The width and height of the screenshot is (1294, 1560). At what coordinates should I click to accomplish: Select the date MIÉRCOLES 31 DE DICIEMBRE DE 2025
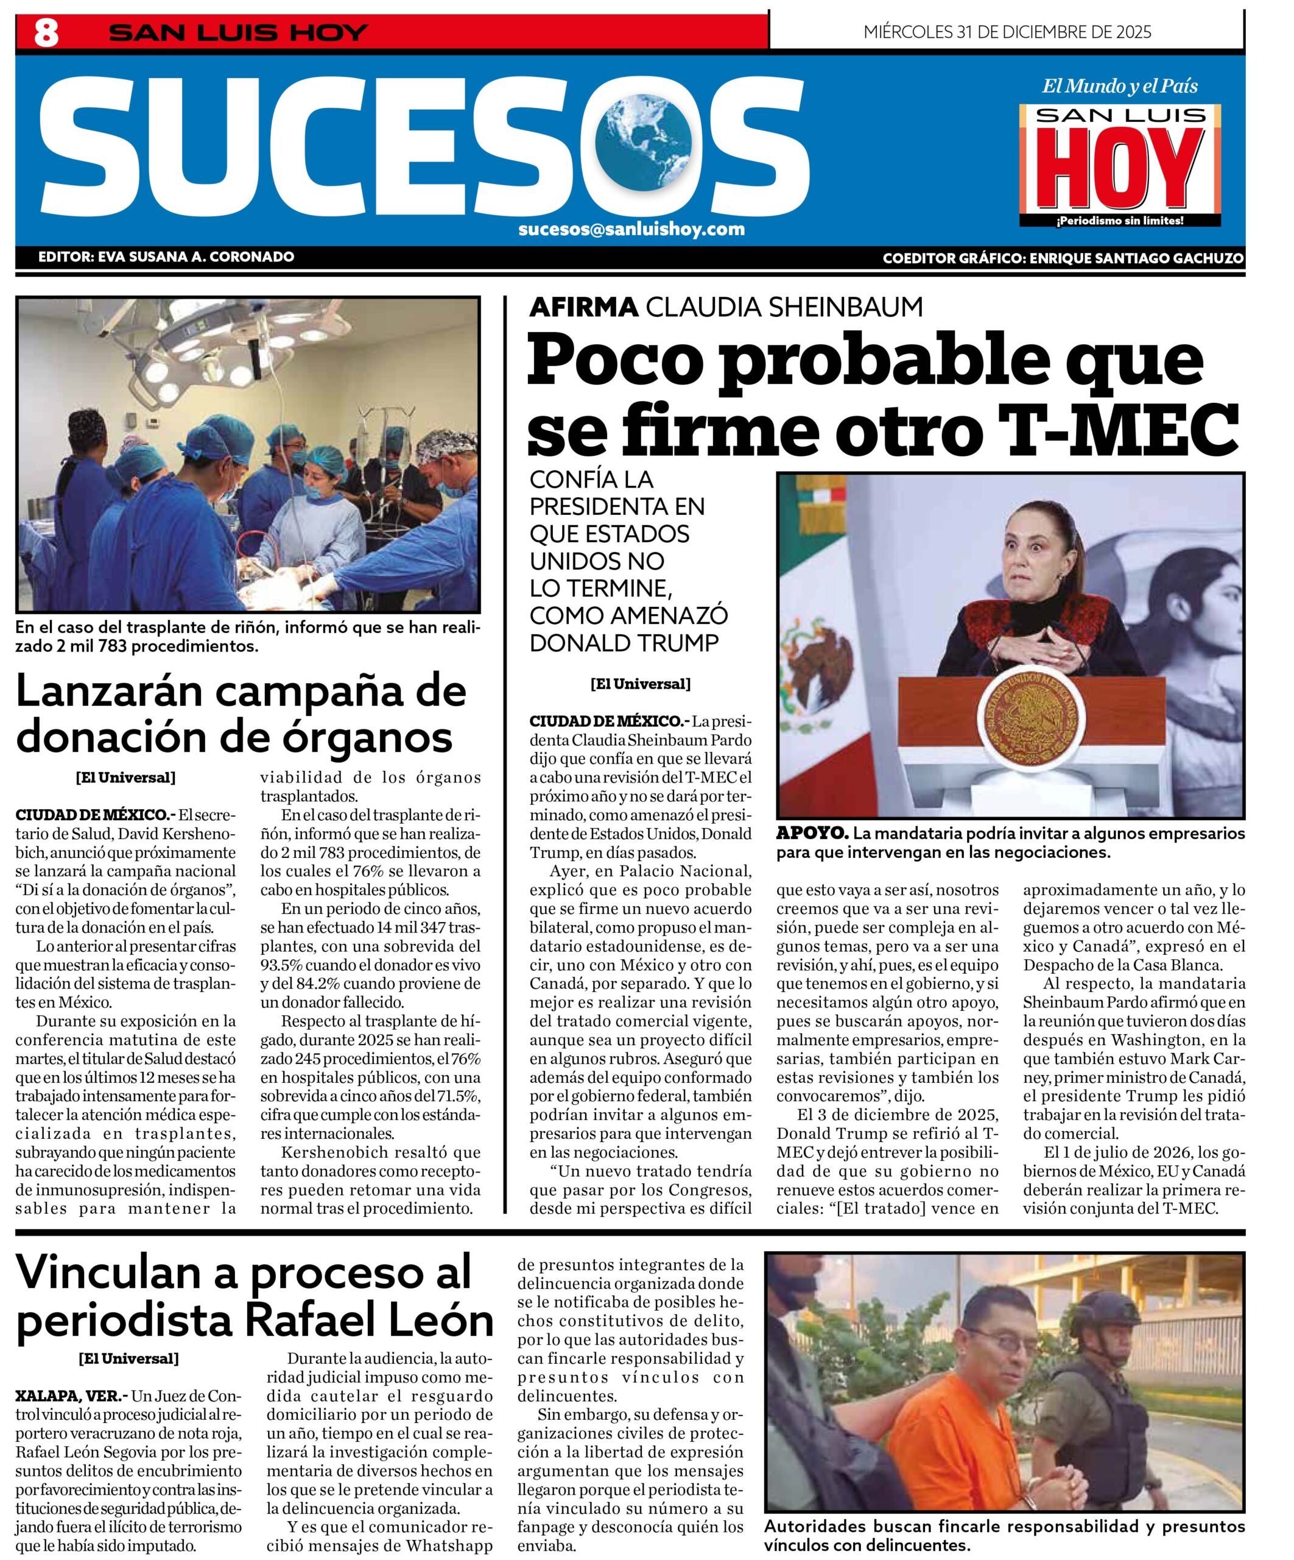point(1007,32)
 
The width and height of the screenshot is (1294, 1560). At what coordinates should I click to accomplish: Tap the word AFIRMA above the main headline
point(583,307)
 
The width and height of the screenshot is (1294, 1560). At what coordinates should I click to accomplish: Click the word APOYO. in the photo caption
point(812,834)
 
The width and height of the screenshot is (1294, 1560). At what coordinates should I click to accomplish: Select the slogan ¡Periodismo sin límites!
point(1119,221)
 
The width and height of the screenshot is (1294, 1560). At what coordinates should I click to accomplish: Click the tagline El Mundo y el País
point(1119,86)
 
